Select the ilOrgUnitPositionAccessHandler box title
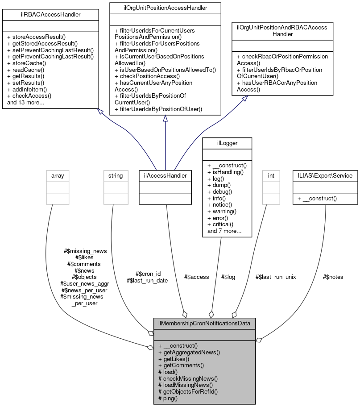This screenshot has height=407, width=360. click(x=165, y=7)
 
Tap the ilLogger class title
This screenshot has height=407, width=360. click(x=227, y=143)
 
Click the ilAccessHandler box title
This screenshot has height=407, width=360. click(x=166, y=176)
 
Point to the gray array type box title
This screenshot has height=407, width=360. click(x=58, y=176)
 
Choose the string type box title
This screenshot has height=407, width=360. click(x=115, y=176)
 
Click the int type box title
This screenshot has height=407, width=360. click(x=271, y=176)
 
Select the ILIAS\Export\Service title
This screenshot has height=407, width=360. click(x=325, y=176)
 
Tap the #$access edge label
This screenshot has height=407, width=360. click(x=196, y=277)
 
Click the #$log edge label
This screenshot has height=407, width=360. click(x=228, y=277)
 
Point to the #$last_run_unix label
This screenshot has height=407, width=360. click(x=275, y=277)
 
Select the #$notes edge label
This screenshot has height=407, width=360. click(x=333, y=277)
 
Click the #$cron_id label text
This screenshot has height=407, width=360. click(x=148, y=274)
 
